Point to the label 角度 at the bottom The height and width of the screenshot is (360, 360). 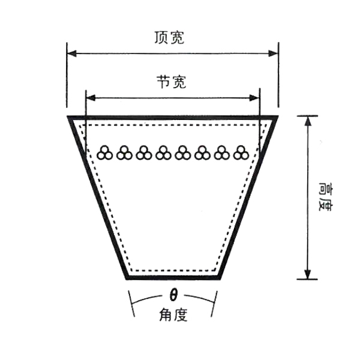173,314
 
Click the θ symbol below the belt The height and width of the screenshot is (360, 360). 173,296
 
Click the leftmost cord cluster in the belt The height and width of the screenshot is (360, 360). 105,152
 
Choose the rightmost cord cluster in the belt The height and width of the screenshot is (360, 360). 241,152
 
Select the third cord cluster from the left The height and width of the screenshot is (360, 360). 144,152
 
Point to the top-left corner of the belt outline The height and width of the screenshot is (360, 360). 68,116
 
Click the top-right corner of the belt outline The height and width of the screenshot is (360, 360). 277,116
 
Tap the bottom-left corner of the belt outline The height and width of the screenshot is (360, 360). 127,278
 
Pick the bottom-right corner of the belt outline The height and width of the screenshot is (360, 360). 218,278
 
